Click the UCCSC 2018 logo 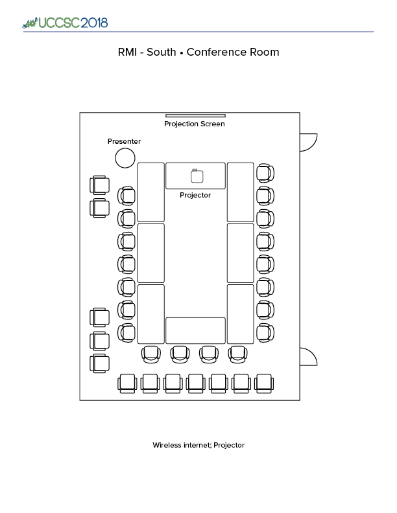(65, 23)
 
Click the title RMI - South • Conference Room (198, 52)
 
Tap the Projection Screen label (195, 124)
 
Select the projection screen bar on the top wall (195, 116)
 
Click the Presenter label (124, 141)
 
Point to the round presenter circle (125, 157)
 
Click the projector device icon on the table (197, 176)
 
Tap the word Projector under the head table (195, 195)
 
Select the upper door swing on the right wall (308, 142)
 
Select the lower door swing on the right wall (308, 356)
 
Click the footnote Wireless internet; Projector (198, 445)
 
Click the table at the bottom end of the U (195, 330)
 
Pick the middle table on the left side (150, 253)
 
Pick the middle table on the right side (240, 253)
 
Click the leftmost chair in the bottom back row (128, 383)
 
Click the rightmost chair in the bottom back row (263, 383)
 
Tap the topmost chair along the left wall (100, 186)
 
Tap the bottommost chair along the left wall (100, 363)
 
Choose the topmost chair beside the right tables (264, 173)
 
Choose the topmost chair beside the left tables (126, 196)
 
